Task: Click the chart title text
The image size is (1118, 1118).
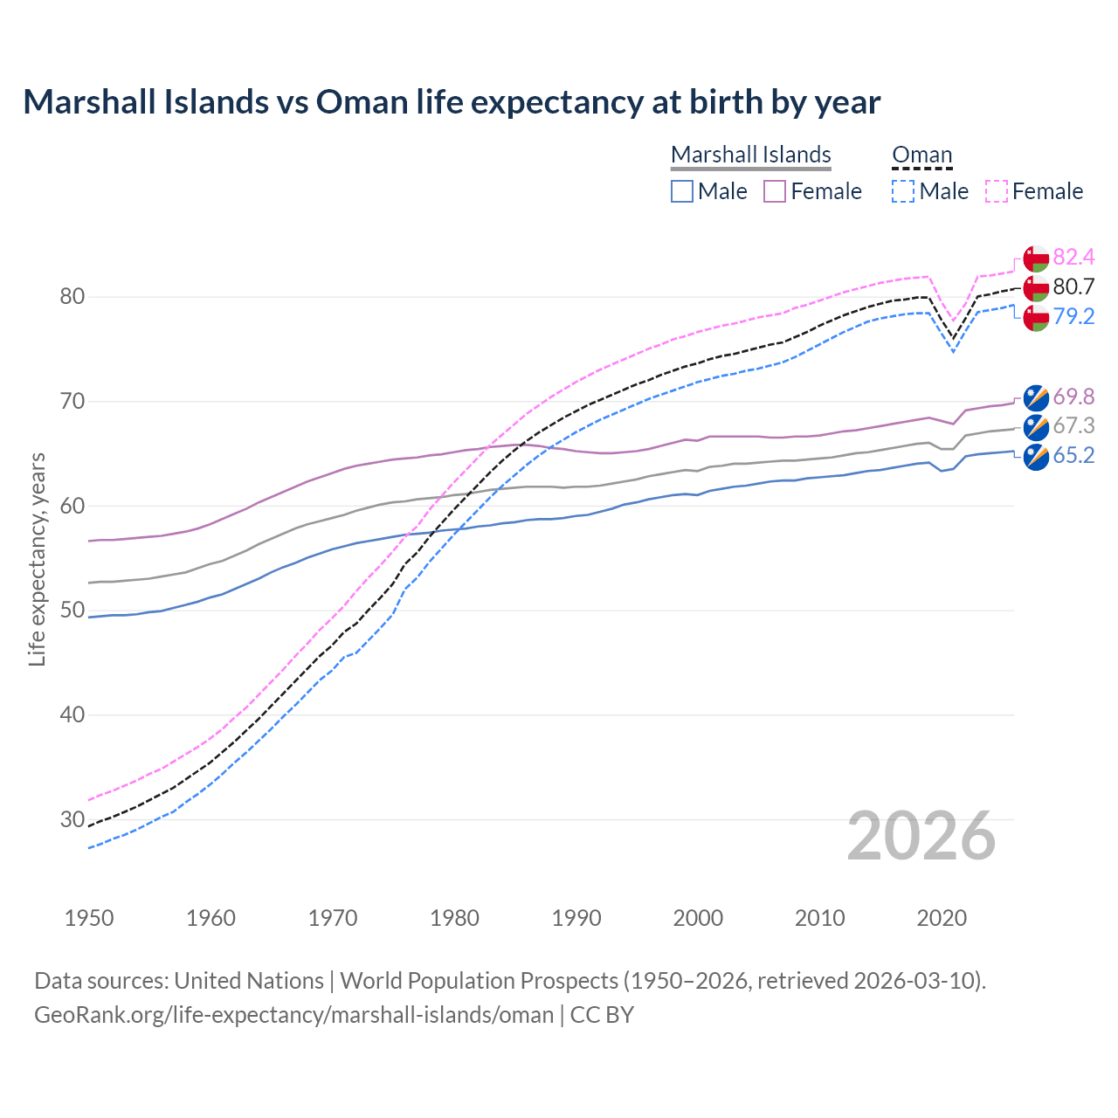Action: (452, 102)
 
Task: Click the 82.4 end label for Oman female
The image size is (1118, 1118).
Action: (1073, 257)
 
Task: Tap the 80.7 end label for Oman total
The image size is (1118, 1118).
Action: (1073, 286)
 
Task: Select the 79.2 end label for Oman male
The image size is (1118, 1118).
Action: (1073, 316)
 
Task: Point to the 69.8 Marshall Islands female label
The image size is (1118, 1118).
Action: (1073, 397)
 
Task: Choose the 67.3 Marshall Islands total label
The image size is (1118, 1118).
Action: (1073, 425)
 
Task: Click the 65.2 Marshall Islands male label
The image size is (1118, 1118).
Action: (1073, 455)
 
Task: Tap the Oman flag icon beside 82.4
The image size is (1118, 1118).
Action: (1036, 259)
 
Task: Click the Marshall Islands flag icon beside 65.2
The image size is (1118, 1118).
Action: (1036, 457)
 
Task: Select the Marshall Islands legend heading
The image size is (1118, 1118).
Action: (750, 155)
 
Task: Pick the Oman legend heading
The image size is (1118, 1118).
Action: (921, 155)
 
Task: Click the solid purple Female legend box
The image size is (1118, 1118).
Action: (775, 191)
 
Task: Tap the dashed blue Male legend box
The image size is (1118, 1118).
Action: (903, 191)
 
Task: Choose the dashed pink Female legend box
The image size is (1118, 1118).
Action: (997, 191)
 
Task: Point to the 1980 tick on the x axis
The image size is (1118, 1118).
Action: (454, 918)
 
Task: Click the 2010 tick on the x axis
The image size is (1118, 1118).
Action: (819, 918)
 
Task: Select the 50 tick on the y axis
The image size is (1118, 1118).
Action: (72, 610)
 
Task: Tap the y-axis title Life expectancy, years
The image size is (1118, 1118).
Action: (37, 559)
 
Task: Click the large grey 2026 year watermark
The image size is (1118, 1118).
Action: (921, 836)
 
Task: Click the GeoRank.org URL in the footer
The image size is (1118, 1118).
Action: (293, 1015)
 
